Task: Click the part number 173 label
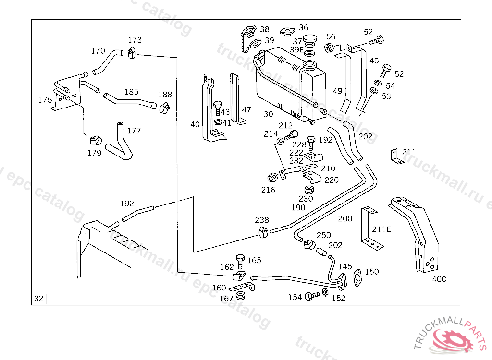135,40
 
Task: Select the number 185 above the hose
132,92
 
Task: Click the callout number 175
45,100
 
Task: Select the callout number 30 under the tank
268,114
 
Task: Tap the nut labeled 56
329,48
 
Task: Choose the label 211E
381,229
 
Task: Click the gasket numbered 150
357,277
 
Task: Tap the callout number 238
262,220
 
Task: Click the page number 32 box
39,299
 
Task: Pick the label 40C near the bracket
439,279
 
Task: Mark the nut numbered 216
271,177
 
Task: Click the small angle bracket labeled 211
395,156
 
